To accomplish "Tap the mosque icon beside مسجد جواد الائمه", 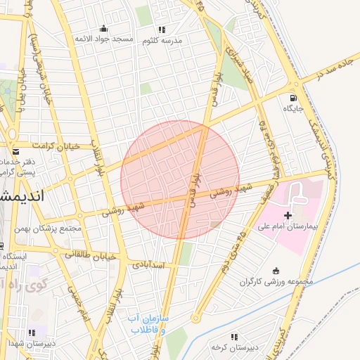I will (104, 29).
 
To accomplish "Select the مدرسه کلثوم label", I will (162, 40).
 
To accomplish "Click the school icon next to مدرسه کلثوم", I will (162, 30).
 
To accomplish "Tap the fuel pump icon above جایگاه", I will (292, 98).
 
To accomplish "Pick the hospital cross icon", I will (288, 214).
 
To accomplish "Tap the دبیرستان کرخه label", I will (235, 347).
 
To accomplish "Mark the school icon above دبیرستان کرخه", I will (234, 337).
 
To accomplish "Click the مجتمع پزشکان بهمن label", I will (53, 229).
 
